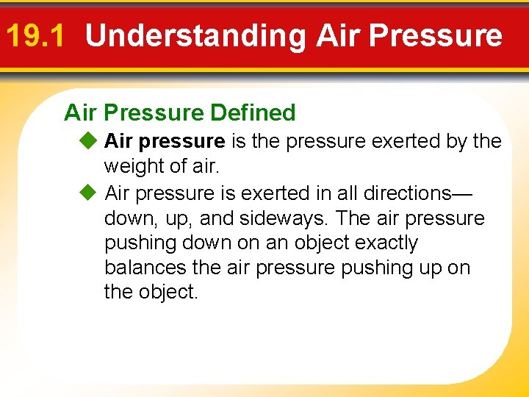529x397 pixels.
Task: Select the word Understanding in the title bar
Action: [x=195, y=35]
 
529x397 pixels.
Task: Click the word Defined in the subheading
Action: [x=253, y=112]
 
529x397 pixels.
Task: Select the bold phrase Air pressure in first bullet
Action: [x=165, y=140]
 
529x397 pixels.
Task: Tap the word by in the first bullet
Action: [x=456, y=140]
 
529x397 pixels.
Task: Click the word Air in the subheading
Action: [x=82, y=112]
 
